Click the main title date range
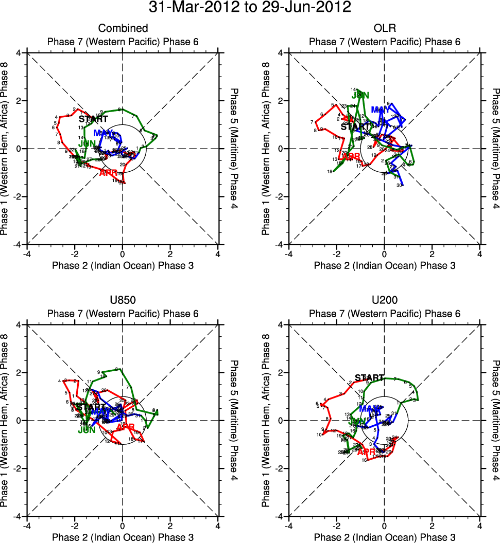(x=250, y=8)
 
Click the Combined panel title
(x=123, y=28)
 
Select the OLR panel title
(x=384, y=28)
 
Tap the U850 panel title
(x=123, y=300)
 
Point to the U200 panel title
(x=384, y=300)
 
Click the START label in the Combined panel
(x=93, y=119)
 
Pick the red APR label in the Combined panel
(x=109, y=173)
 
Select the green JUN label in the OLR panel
(x=360, y=95)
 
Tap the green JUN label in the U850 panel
(x=87, y=430)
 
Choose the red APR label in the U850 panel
(x=126, y=427)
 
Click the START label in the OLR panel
(x=355, y=126)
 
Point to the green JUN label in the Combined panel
(x=88, y=143)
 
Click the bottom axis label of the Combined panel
(x=123, y=265)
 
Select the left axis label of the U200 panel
(x=266, y=420)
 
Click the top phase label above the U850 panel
(x=123, y=314)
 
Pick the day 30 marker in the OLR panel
(x=399, y=185)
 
